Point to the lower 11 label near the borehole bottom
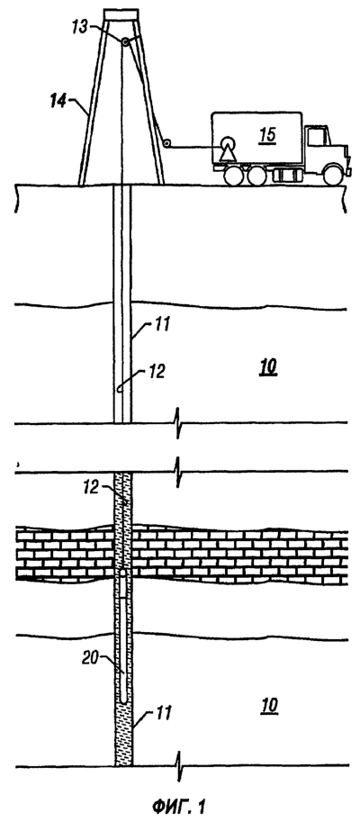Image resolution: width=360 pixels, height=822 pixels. pos(164,713)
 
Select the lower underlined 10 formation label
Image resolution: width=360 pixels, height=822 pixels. pos(268,706)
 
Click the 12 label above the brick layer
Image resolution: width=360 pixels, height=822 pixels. pos(92,487)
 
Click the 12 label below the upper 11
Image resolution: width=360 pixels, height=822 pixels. pos(156,372)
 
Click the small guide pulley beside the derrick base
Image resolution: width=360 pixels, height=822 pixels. pos(166,143)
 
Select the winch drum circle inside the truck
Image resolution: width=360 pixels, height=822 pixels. pos(229,144)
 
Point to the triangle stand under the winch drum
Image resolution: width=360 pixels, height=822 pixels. pos(229,153)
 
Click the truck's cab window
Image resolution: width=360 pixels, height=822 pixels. pos(317,137)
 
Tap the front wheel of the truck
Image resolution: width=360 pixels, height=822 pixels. pos(332,175)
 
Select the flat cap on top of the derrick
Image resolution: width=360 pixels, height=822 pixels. pos(121,14)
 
